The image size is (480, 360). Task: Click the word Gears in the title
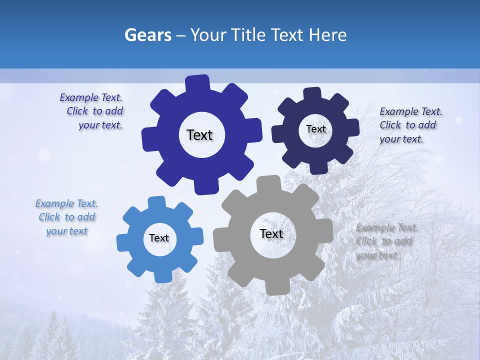coord(147,35)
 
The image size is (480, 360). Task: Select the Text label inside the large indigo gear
coord(199,135)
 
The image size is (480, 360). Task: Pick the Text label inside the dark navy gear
coord(315,129)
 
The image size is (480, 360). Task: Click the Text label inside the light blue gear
coord(159,238)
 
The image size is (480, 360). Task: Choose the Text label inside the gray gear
coord(271,233)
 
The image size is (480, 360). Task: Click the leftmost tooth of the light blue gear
coord(123,242)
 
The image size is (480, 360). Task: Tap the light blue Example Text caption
coord(67,217)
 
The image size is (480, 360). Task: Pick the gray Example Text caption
coord(386,241)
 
